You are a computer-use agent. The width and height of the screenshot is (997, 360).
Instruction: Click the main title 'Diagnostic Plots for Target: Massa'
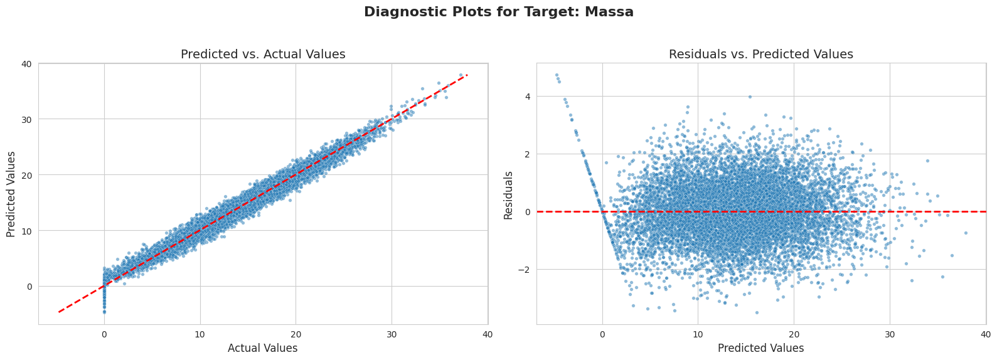(498, 12)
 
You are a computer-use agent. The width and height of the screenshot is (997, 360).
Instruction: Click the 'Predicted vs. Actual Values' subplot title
(263, 55)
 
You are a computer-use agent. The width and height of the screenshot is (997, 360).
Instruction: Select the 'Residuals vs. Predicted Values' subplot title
(760, 55)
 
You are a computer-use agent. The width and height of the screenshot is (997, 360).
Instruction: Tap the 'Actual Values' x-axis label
(262, 348)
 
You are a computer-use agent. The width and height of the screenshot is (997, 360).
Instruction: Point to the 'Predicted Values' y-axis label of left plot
(11, 194)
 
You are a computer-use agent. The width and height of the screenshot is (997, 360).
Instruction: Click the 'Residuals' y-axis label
(509, 195)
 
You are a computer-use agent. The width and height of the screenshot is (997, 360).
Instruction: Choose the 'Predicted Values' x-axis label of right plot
(760, 348)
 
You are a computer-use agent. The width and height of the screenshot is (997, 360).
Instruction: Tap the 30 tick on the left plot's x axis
(392, 334)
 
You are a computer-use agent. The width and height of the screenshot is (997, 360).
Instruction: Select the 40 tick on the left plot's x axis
(488, 334)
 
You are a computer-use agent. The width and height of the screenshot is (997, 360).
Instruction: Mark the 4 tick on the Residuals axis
(528, 97)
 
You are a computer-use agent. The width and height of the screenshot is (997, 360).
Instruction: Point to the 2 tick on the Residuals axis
(528, 154)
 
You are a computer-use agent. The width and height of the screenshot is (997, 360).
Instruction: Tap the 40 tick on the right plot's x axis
(985, 334)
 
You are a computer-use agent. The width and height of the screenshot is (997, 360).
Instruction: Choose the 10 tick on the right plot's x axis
(698, 334)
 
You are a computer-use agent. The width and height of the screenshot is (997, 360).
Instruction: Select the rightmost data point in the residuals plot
(966, 233)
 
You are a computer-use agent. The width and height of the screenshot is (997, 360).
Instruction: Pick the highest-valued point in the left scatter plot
(461, 75)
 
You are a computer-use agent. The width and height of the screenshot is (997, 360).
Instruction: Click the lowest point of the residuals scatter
(757, 312)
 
